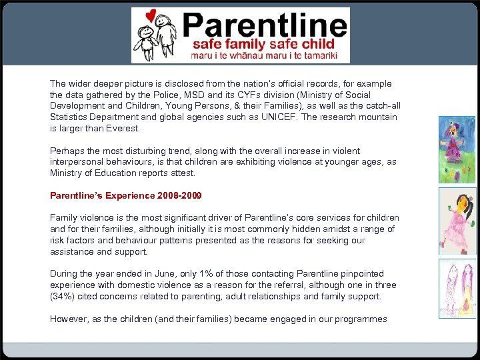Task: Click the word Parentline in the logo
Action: [264, 25]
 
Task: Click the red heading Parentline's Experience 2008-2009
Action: [126, 196]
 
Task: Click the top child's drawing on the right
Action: [457, 149]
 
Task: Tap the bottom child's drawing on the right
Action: [457, 288]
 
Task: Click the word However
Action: [68, 319]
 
